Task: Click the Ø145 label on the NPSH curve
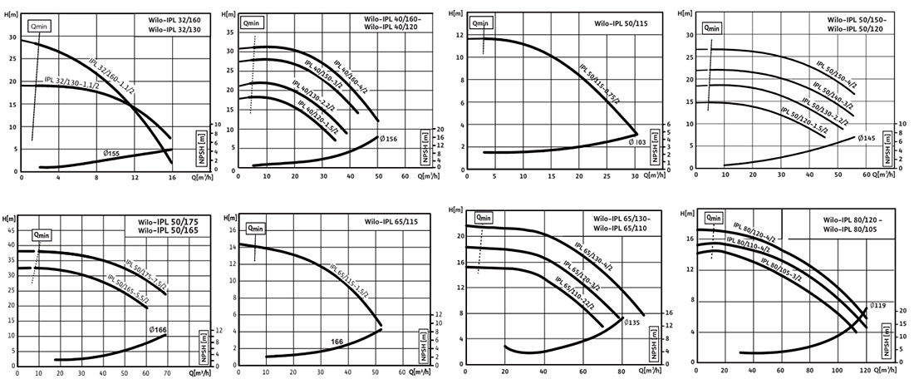pyautogui.click(x=866, y=138)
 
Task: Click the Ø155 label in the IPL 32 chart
pyautogui.click(x=112, y=154)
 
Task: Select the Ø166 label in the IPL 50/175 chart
pyautogui.click(x=158, y=330)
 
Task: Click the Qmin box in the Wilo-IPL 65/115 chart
pyautogui.click(x=254, y=228)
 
